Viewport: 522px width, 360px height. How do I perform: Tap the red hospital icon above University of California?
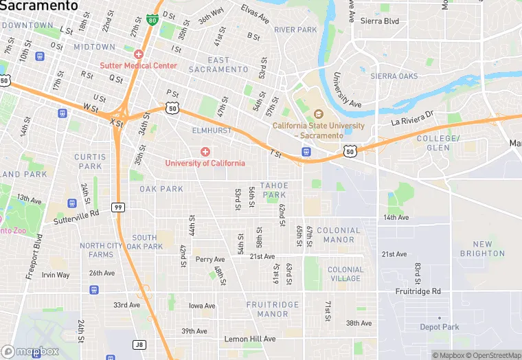(205, 151)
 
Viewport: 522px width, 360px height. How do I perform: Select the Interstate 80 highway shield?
(151, 19)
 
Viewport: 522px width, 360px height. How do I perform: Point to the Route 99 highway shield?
(119, 207)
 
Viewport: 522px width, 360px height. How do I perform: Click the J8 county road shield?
(141, 345)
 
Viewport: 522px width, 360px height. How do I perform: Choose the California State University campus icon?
(318, 114)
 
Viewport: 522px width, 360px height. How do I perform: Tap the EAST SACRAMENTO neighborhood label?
(218, 65)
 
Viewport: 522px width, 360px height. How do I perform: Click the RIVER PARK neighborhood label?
(295, 30)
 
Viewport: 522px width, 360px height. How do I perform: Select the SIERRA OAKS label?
(394, 76)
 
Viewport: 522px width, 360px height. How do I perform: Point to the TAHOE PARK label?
(273, 190)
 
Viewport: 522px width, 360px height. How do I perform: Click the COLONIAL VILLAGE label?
(345, 274)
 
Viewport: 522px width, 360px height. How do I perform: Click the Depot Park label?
(440, 327)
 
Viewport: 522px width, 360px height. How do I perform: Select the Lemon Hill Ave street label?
(250, 339)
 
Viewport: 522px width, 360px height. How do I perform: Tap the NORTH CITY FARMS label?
(101, 250)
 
